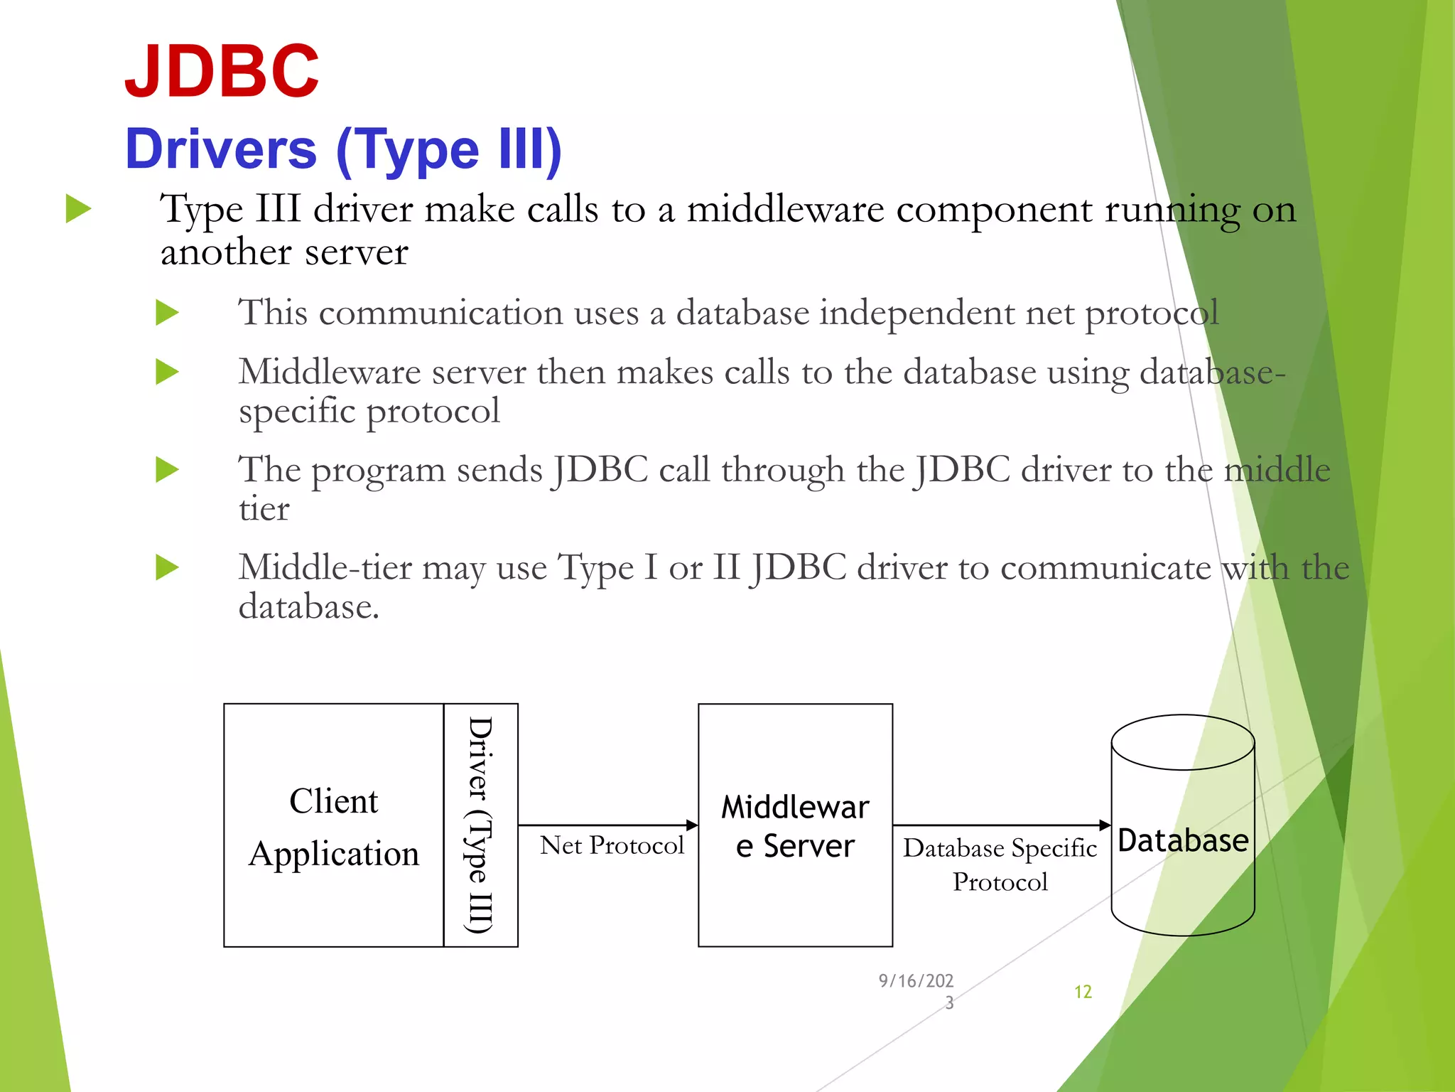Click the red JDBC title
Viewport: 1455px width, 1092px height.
tap(222, 71)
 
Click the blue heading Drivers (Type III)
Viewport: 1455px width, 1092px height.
tap(343, 149)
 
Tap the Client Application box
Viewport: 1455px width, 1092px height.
tap(333, 825)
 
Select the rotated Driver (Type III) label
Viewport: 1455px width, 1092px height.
tap(480, 825)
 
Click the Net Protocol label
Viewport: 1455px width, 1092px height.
tap(611, 845)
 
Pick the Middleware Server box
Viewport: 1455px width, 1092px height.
tap(795, 825)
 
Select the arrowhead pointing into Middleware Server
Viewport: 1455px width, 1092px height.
tap(692, 825)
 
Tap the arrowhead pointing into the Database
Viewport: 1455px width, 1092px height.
tap(1105, 825)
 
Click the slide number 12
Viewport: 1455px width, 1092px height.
tap(1083, 992)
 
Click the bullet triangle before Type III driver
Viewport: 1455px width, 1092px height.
tap(78, 209)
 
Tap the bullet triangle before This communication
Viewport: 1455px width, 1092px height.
tap(167, 313)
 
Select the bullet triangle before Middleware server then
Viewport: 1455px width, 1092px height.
tap(167, 372)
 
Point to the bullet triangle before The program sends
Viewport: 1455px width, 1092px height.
tap(167, 470)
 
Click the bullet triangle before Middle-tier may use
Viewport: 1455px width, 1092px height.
tap(167, 567)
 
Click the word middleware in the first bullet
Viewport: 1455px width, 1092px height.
tap(785, 210)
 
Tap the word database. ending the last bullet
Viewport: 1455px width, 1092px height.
tap(308, 607)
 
